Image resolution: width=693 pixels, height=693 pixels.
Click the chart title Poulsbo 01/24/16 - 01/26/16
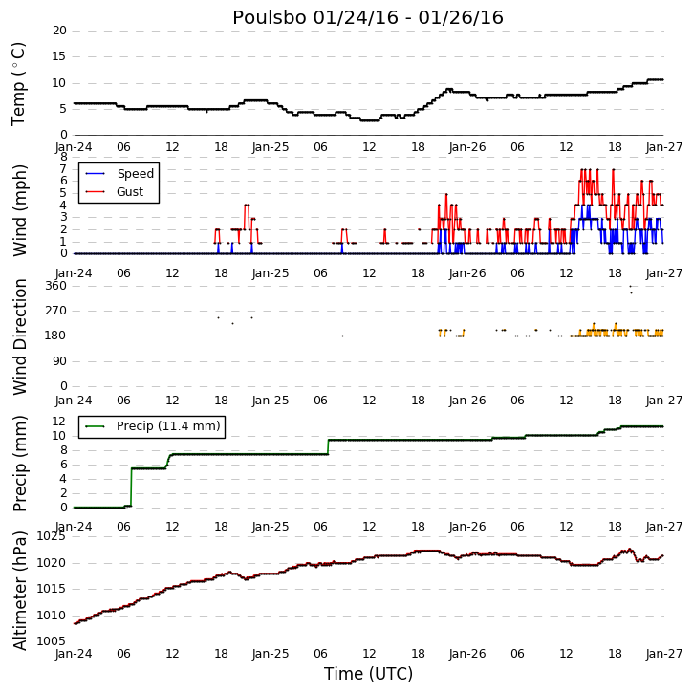click(368, 17)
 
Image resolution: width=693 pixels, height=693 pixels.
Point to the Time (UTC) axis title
click(368, 674)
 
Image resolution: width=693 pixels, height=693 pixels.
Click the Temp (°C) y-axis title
click(18, 84)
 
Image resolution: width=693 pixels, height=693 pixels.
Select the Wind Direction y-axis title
click(20, 336)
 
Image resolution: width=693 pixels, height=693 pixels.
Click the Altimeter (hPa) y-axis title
click(20, 591)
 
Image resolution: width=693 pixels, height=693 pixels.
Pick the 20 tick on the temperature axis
click(59, 31)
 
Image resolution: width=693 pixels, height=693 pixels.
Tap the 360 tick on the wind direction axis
click(56, 286)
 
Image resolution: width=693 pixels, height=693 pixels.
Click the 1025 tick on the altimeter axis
click(52, 536)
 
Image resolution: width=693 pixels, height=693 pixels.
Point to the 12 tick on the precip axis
click(59, 422)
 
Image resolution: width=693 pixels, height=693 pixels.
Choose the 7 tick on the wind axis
click(64, 168)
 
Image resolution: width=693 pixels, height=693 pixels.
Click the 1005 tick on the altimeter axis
click(52, 641)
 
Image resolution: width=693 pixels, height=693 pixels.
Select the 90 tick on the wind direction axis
click(59, 361)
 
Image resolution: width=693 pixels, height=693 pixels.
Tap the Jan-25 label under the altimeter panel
click(271, 654)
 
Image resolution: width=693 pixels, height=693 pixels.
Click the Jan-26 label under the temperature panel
click(467, 147)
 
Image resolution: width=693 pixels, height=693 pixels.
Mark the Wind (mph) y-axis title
click(20, 210)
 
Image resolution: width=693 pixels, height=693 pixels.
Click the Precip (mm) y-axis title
click(20, 464)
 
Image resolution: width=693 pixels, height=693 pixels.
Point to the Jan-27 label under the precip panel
click(664, 527)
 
